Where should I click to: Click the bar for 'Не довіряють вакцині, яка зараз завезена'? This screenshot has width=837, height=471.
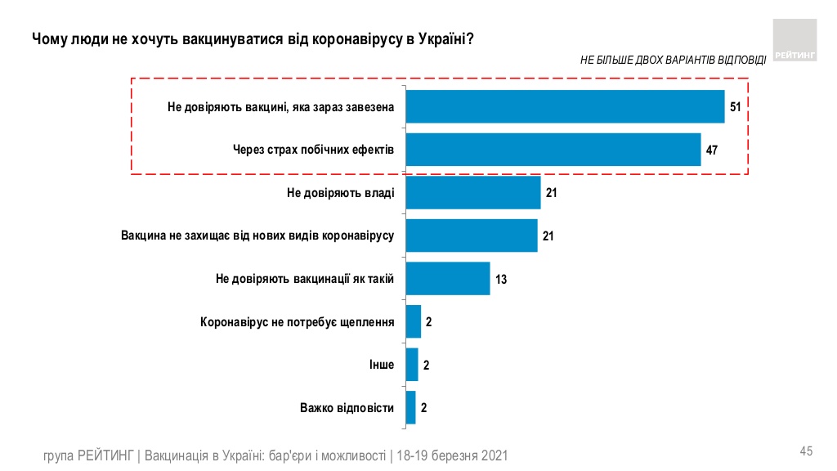pyautogui.click(x=565, y=106)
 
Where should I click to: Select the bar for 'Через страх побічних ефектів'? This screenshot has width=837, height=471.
pyautogui.click(x=553, y=150)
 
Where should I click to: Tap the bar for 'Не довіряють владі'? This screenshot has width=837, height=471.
pyautogui.click(x=473, y=193)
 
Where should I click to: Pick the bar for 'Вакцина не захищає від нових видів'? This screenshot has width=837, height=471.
pyautogui.click(x=472, y=235)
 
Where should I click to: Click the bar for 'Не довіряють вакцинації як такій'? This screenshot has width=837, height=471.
pyautogui.click(x=448, y=279)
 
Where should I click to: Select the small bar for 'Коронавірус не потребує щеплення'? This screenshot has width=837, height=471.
pyautogui.click(x=414, y=322)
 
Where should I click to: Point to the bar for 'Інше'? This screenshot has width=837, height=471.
pyautogui.click(x=412, y=365)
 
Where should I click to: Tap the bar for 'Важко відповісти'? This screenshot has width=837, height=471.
pyautogui.click(x=411, y=407)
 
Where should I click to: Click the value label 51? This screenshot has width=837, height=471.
pyautogui.click(x=736, y=107)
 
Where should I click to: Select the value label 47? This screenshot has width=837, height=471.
pyautogui.click(x=711, y=150)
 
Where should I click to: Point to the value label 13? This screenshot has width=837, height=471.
pyautogui.click(x=501, y=280)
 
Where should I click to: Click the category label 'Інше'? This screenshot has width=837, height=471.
pyautogui.click(x=382, y=365)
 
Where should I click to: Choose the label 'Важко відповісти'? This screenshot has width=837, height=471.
pyautogui.click(x=347, y=407)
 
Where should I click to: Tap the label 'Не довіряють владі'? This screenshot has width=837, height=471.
pyautogui.click(x=341, y=193)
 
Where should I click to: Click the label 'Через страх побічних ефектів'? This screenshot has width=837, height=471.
pyautogui.click(x=314, y=150)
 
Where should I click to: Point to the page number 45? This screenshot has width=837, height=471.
pyautogui.click(x=806, y=451)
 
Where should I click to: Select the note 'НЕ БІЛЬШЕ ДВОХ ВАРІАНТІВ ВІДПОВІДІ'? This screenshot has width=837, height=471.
pyautogui.click(x=673, y=60)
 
